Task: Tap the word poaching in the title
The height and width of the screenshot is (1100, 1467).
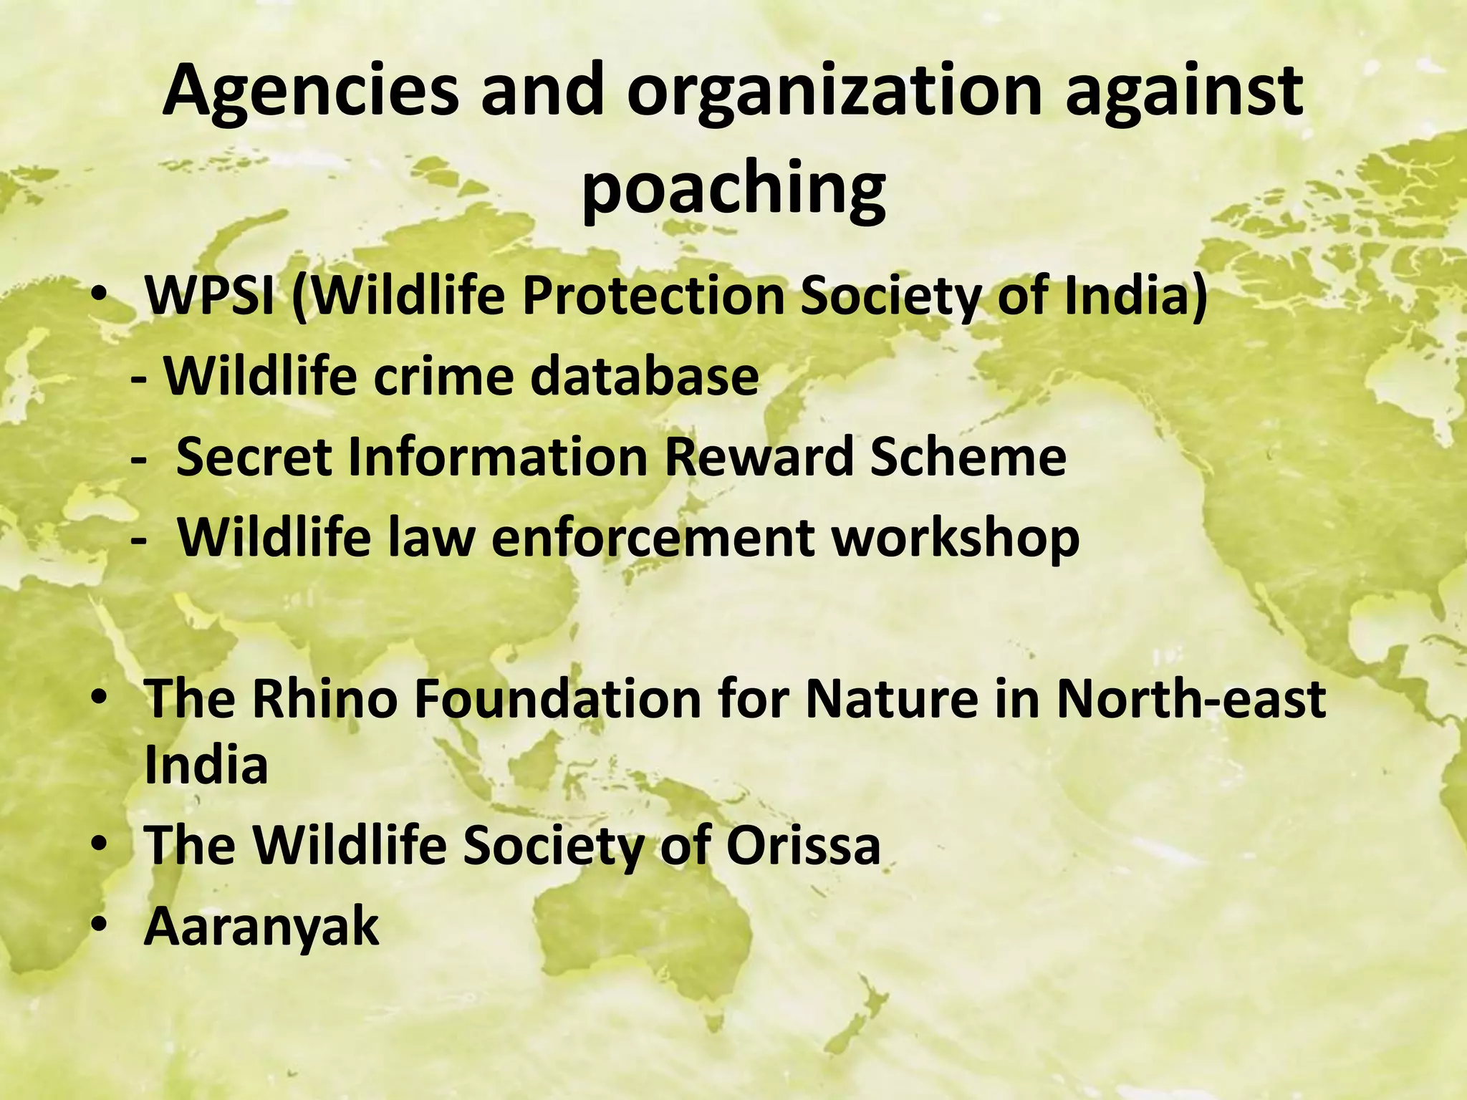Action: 733,188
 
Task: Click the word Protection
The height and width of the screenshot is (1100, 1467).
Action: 654,296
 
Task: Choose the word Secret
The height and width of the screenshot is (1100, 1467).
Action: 254,456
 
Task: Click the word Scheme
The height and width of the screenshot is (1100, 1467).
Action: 968,456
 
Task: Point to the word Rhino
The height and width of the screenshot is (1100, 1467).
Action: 323,698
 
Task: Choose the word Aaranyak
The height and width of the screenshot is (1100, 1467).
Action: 261,926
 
